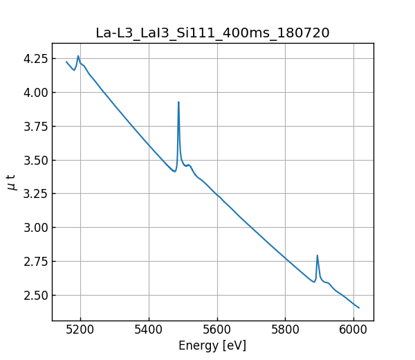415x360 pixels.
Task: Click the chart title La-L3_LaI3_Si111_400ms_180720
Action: (x=212, y=33)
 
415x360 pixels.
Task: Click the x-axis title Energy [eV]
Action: (x=212, y=345)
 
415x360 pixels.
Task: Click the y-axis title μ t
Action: (x=12, y=181)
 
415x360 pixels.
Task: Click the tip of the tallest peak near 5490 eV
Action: (x=178, y=102)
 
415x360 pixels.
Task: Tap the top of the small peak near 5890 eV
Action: (x=317, y=255)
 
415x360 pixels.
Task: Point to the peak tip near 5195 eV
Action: (x=78, y=56)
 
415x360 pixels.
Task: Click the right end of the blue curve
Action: (x=359, y=307)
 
